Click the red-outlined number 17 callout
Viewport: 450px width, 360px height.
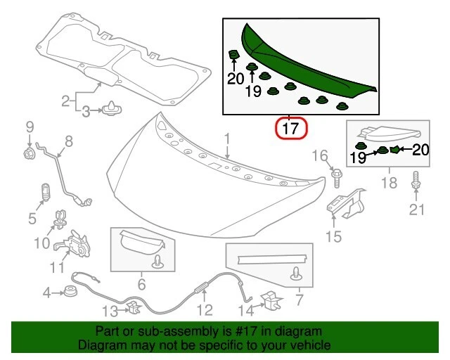[x=291, y=129]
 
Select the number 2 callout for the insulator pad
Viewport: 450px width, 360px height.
[x=65, y=101]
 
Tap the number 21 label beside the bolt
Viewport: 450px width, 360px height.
[x=417, y=209]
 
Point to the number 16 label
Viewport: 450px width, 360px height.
[x=320, y=155]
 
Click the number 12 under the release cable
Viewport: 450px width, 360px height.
[x=204, y=309]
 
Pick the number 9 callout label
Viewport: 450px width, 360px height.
[x=30, y=127]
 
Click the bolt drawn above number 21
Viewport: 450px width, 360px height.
[x=416, y=180]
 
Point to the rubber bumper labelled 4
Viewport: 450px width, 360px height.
[x=70, y=291]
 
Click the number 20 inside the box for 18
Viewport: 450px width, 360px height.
[x=420, y=148]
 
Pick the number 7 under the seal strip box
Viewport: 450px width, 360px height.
[x=300, y=302]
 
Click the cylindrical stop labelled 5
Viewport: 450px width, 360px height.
[x=45, y=191]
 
